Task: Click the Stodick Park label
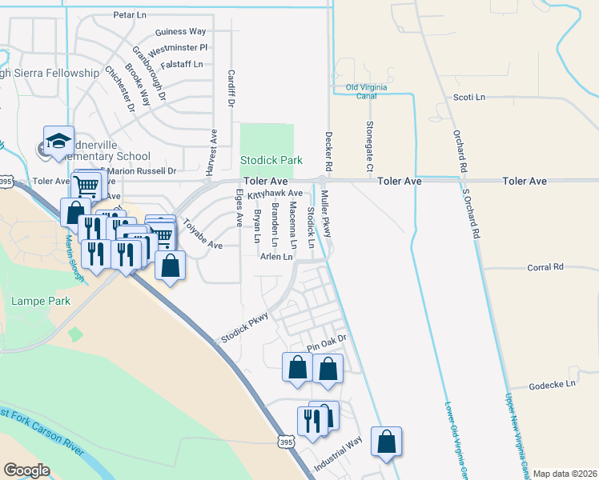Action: pyautogui.click(x=271, y=160)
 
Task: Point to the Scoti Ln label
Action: pyautogui.click(x=470, y=97)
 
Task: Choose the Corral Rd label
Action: pyautogui.click(x=548, y=266)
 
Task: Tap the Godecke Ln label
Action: pyautogui.click(x=553, y=384)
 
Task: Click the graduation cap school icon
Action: pyautogui.click(x=58, y=141)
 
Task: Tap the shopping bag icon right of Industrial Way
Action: pyautogui.click(x=387, y=442)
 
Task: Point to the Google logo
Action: pyautogui.click(x=26, y=470)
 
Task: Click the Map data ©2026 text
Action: pyautogui.click(x=564, y=474)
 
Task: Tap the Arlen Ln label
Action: pyautogui.click(x=275, y=256)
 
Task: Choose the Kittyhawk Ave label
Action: pyautogui.click(x=275, y=194)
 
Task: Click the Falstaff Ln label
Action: pyautogui.click(x=182, y=64)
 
